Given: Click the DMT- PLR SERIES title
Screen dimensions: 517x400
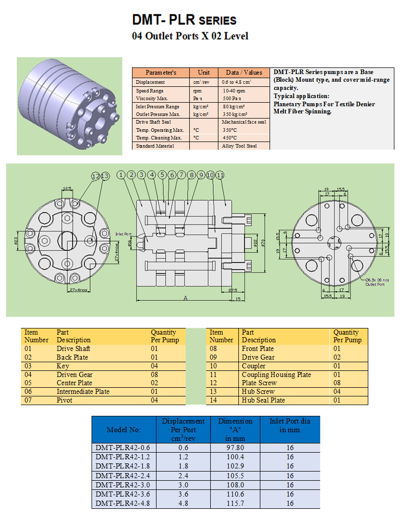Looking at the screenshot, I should click(x=184, y=20).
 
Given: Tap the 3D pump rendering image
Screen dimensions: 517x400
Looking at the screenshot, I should click(x=70, y=106).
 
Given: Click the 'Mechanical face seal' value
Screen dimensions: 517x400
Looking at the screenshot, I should click(x=244, y=122).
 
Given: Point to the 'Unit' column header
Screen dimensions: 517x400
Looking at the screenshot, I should click(x=204, y=73).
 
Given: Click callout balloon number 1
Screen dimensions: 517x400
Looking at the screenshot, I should click(x=121, y=175).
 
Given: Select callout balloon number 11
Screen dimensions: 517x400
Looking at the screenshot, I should click(x=220, y=175).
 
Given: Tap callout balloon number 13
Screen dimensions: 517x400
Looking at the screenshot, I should click(x=105, y=176).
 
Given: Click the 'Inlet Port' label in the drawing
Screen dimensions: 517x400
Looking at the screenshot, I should click(x=123, y=234).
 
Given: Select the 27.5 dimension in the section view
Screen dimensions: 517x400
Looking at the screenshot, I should click(x=232, y=290).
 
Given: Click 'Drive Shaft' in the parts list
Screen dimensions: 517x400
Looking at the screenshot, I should click(x=73, y=349).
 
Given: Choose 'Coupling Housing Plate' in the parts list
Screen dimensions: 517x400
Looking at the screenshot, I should click(x=276, y=374).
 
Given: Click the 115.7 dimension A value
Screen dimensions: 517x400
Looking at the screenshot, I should click(x=235, y=503).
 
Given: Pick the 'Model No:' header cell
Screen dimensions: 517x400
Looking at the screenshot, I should click(x=123, y=430).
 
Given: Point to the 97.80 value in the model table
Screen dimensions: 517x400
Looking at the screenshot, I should click(x=235, y=448).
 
